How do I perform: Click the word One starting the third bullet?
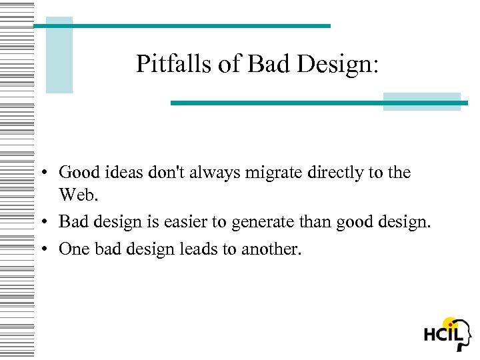tap(72, 249)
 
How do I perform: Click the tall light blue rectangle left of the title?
tap(59, 55)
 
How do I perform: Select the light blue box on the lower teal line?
tap(421, 101)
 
